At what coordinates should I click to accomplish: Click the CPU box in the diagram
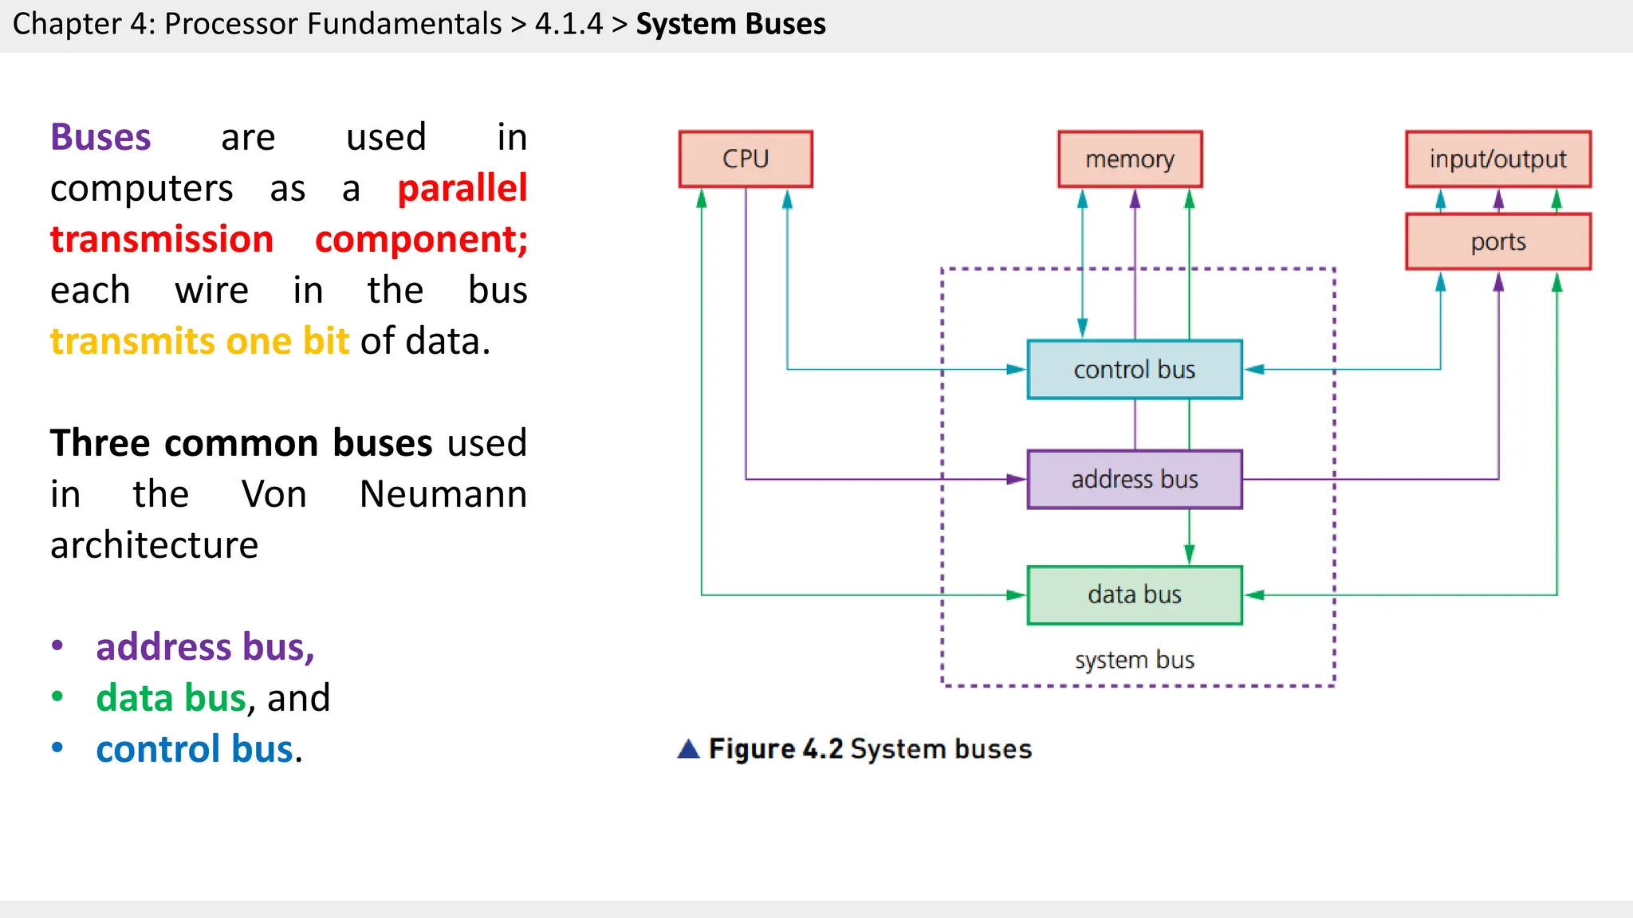(x=746, y=159)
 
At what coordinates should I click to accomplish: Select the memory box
(x=1130, y=159)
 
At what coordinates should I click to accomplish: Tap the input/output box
(x=1497, y=159)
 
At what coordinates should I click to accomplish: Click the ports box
(x=1497, y=241)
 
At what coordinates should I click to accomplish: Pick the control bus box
(x=1134, y=370)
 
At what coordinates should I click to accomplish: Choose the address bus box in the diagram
(x=1134, y=480)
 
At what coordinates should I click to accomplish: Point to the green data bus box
(x=1134, y=594)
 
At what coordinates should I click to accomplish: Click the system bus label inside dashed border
(x=1134, y=660)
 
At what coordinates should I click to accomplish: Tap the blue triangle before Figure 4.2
(x=688, y=749)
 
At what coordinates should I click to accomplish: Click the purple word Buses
(x=100, y=137)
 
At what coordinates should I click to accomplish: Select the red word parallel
(x=462, y=188)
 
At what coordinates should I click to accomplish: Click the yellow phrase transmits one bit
(x=199, y=341)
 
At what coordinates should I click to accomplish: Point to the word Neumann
(x=443, y=494)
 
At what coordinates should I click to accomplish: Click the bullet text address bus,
(x=205, y=647)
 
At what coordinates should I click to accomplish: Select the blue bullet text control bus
(x=195, y=749)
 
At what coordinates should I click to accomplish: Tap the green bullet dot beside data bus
(x=57, y=697)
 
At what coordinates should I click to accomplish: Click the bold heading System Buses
(x=730, y=24)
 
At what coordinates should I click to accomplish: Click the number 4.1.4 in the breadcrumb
(x=569, y=24)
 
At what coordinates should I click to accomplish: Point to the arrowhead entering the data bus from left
(x=1016, y=594)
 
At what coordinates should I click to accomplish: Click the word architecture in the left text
(x=154, y=545)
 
